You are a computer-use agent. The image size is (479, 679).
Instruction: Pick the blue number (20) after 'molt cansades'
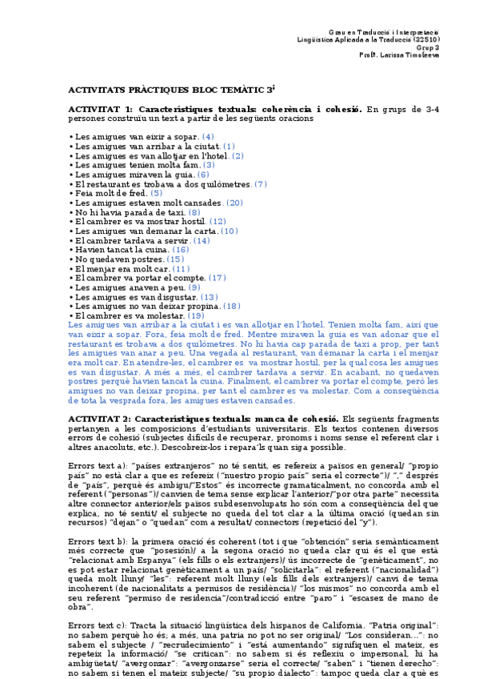(x=235, y=203)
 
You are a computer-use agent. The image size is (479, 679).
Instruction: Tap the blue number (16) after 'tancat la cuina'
(x=181, y=250)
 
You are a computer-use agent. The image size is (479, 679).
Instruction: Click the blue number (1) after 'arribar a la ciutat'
(x=206, y=147)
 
